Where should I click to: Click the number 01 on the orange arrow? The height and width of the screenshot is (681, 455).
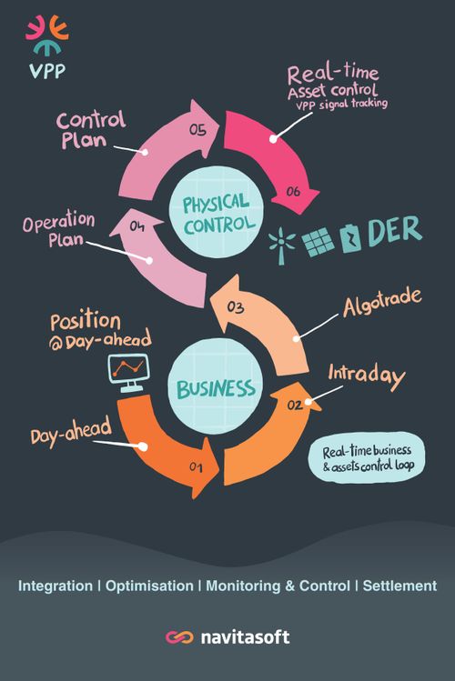point(196,467)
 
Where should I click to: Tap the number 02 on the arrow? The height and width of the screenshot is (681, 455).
point(294,406)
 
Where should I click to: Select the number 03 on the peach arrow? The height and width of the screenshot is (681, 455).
point(235,307)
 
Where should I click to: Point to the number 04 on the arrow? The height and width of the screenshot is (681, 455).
point(136,226)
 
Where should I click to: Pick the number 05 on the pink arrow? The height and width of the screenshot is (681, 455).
point(197,130)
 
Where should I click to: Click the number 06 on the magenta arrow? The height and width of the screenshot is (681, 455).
point(293,191)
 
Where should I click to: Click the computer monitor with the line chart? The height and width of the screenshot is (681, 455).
point(128,373)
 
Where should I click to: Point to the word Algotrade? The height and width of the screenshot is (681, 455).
point(382,302)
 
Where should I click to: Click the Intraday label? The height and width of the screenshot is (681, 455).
point(367,376)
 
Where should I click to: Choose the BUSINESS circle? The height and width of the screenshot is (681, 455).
point(215,387)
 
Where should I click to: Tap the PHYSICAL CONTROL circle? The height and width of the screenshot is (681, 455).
point(216,213)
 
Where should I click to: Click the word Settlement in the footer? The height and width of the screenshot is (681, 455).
point(399,586)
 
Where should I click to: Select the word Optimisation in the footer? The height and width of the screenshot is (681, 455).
point(149,586)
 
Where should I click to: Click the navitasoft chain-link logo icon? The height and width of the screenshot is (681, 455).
point(179,637)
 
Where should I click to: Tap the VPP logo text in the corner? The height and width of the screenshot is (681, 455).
point(47,71)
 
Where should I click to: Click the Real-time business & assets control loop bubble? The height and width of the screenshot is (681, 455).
point(367,457)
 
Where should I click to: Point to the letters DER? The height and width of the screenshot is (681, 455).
point(395,231)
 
